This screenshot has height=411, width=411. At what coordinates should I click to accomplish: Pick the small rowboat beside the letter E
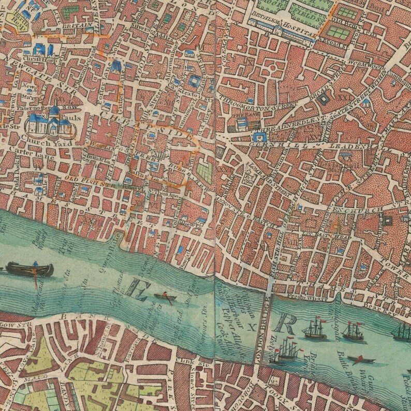point(167,298)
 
